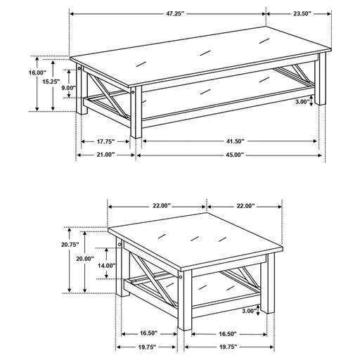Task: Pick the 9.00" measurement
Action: (x=67, y=88)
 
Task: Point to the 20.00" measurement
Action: (x=85, y=259)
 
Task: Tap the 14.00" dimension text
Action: (x=105, y=266)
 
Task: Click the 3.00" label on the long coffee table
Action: (x=302, y=101)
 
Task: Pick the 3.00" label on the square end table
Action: (x=248, y=310)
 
